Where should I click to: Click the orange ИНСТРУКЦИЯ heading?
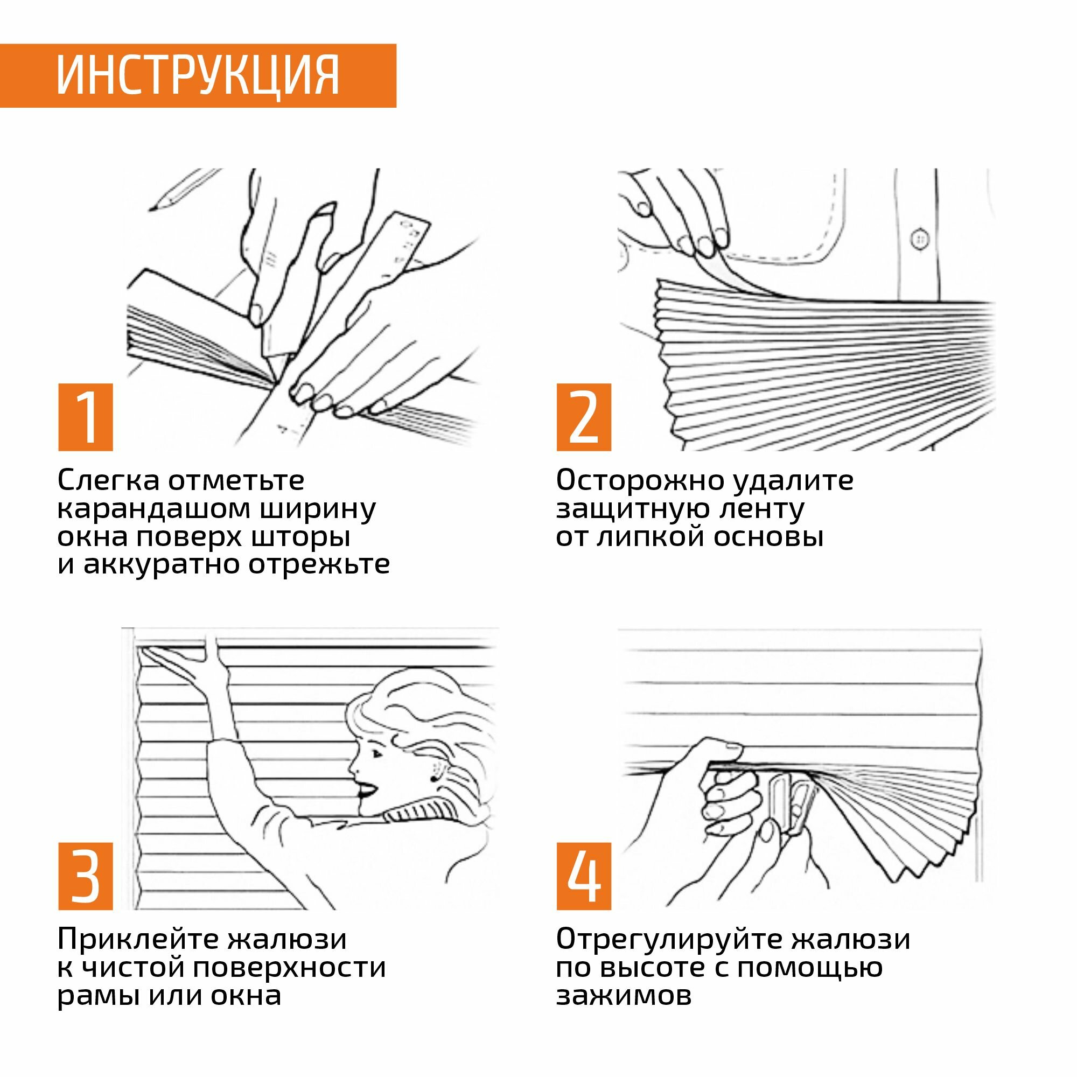coord(198,76)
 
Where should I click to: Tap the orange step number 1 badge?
coord(85,417)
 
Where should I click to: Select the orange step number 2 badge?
coord(584,417)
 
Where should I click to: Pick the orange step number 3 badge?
coord(85,876)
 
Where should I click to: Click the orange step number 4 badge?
coord(584,876)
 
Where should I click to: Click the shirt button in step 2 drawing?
coord(919,239)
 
